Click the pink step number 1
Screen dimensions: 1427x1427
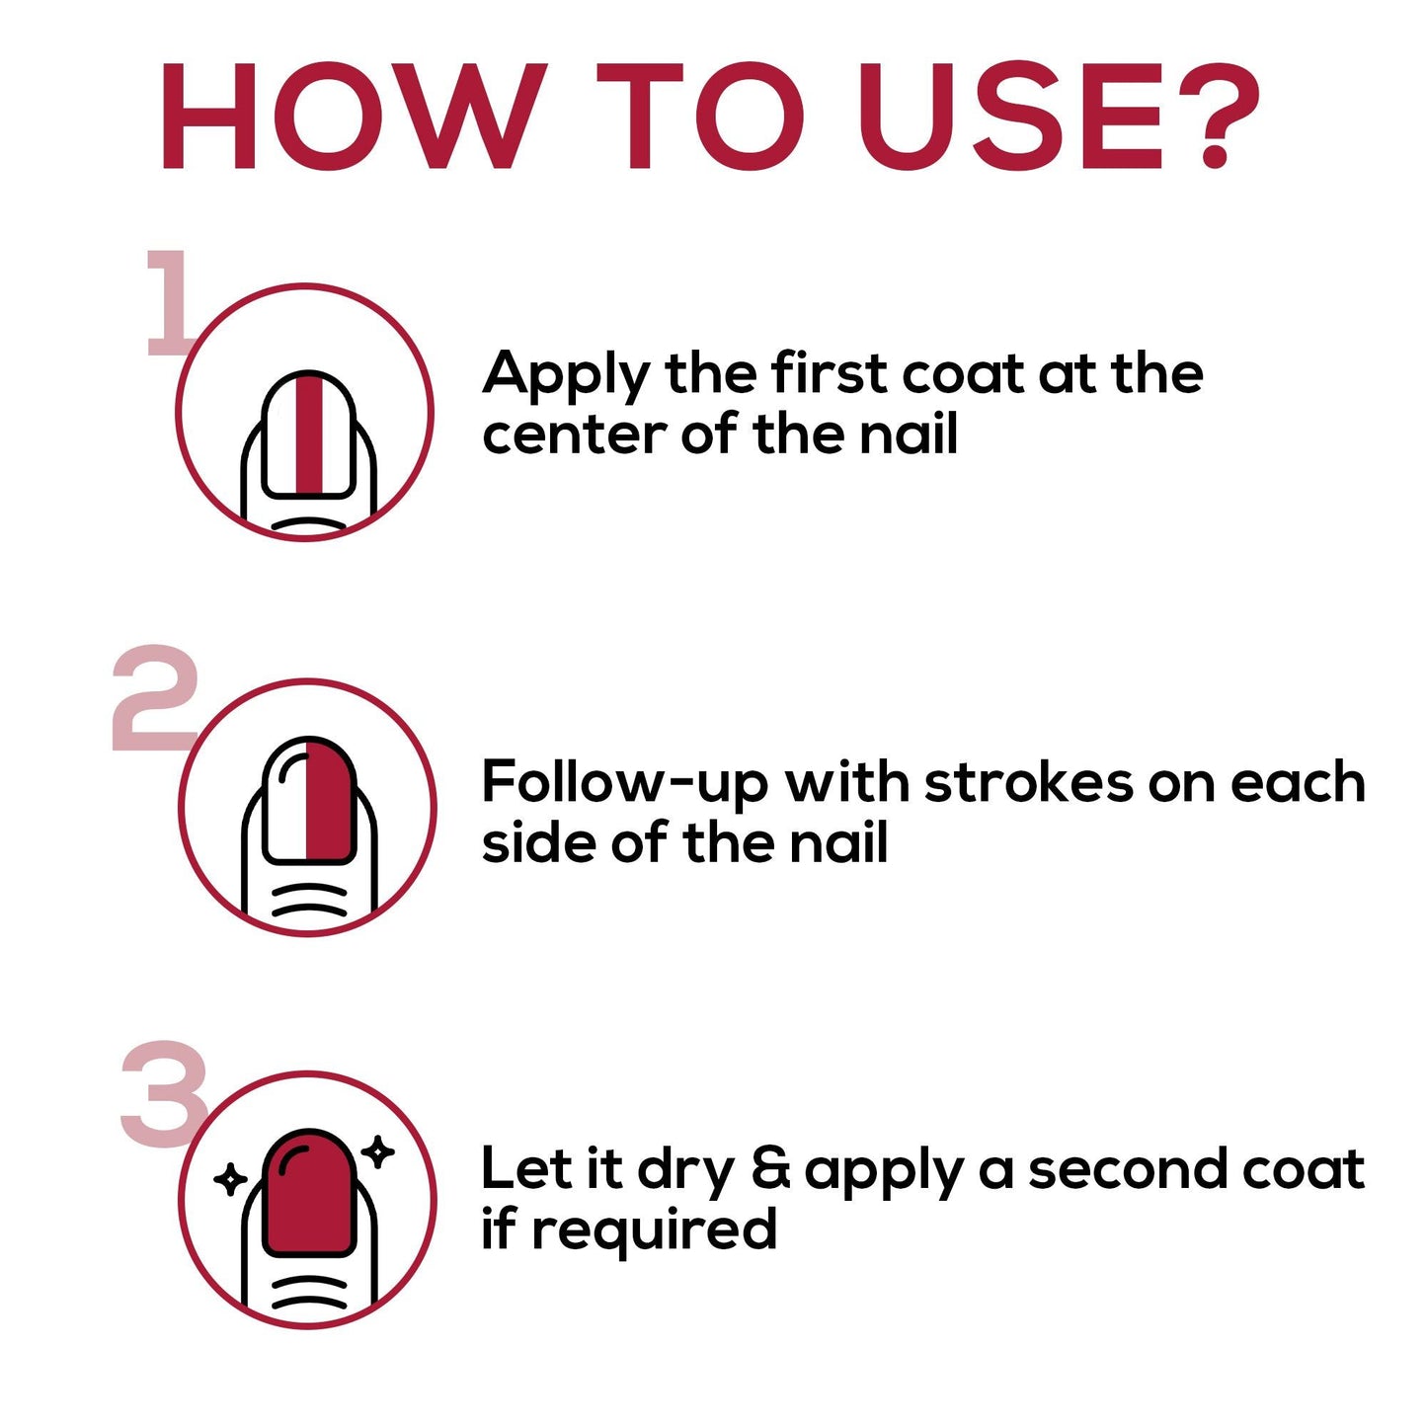pos(172,302)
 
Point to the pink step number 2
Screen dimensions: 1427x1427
pos(155,697)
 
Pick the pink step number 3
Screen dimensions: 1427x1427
pos(164,1092)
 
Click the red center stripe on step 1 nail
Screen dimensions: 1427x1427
pos(309,434)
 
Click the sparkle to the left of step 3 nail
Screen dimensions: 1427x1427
pos(230,1178)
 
